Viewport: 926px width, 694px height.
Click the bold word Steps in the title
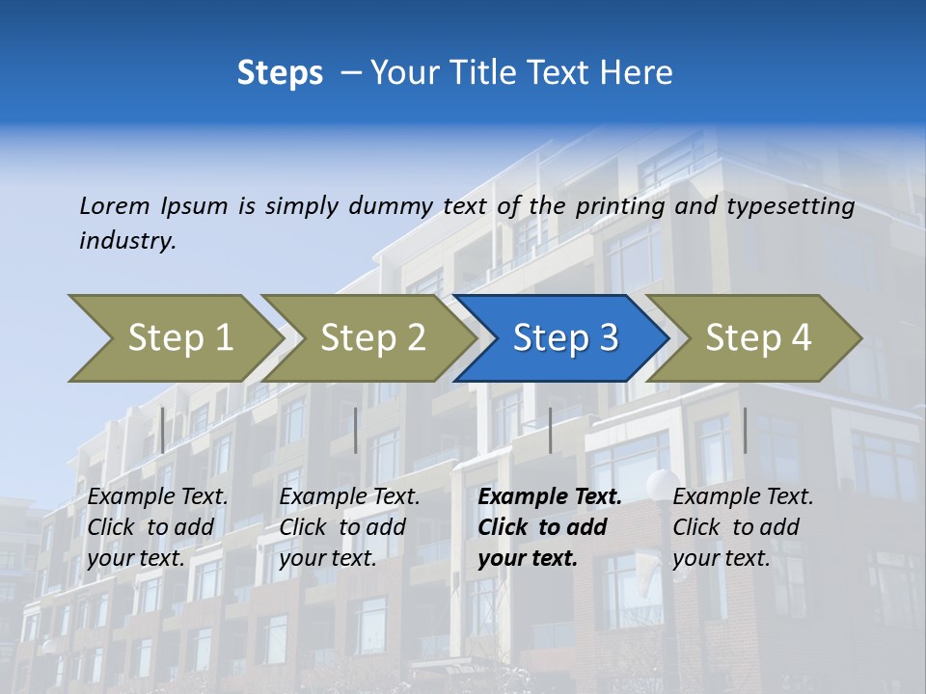[x=280, y=73]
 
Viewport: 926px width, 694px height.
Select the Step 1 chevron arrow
[x=174, y=338]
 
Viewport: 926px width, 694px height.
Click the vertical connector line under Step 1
[x=163, y=430]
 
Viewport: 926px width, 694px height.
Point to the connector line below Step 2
[x=356, y=430]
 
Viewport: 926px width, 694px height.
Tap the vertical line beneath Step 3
[x=550, y=430]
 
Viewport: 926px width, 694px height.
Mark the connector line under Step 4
[x=745, y=430]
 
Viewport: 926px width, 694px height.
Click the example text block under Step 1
[x=157, y=527]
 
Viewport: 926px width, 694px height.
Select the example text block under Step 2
[x=349, y=527]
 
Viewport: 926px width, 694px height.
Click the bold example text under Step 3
[x=549, y=527]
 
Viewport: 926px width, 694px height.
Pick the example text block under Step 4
[x=743, y=527]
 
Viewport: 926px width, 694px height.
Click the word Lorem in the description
[x=115, y=206]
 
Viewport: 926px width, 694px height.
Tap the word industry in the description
[x=127, y=241]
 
